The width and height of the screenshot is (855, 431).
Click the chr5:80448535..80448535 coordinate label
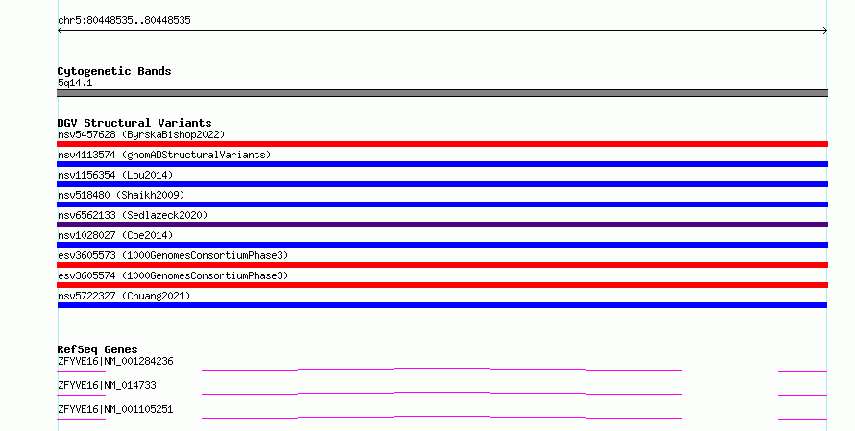pyautogui.click(x=124, y=21)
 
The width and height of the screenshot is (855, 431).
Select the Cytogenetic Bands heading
pyautogui.click(x=114, y=71)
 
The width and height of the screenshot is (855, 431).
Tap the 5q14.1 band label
pyautogui.click(x=75, y=83)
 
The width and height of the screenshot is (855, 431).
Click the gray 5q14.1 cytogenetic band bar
pyautogui.click(x=442, y=93)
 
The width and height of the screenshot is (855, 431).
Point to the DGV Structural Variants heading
pyautogui.click(x=134, y=123)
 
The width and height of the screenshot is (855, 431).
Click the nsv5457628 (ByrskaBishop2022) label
pyautogui.click(x=141, y=134)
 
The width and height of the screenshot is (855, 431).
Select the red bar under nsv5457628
pyautogui.click(x=442, y=144)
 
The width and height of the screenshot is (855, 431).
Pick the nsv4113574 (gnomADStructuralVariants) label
pyautogui.click(x=164, y=155)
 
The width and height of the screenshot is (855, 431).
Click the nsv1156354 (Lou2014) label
pyautogui.click(x=115, y=175)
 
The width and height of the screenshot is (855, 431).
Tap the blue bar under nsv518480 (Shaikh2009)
pyautogui.click(x=442, y=204)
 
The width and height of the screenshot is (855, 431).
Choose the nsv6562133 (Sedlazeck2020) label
pyautogui.click(x=133, y=215)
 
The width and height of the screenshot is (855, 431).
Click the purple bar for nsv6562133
pyautogui.click(x=442, y=225)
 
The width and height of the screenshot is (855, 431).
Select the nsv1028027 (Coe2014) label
pyautogui.click(x=115, y=235)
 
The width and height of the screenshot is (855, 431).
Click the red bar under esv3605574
pyautogui.click(x=442, y=285)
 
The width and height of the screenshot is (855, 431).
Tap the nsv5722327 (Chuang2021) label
pyautogui.click(x=124, y=296)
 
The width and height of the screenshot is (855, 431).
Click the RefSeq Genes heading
pyautogui.click(x=97, y=349)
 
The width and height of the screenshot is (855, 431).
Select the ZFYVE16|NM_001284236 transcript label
pyautogui.click(x=115, y=361)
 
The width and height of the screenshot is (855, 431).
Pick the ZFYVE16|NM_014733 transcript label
pyautogui.click(x=107, y=385)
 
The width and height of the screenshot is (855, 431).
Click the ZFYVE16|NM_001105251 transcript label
pyautogui.click(x=115, y=409)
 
